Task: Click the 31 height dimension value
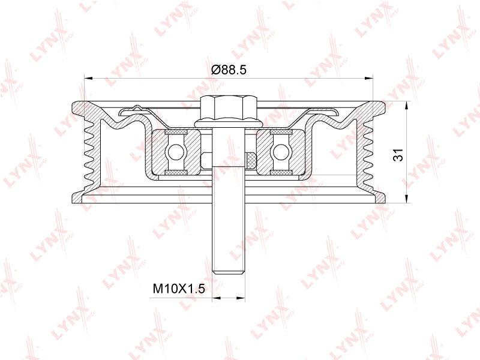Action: coord(398,155)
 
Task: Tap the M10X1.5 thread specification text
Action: coord(178,289)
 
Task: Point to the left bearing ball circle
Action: coord(175,152)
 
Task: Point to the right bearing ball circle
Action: coord(281,152)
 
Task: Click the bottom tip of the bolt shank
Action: coord(229,274)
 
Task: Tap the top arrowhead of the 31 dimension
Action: coord(407,106)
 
